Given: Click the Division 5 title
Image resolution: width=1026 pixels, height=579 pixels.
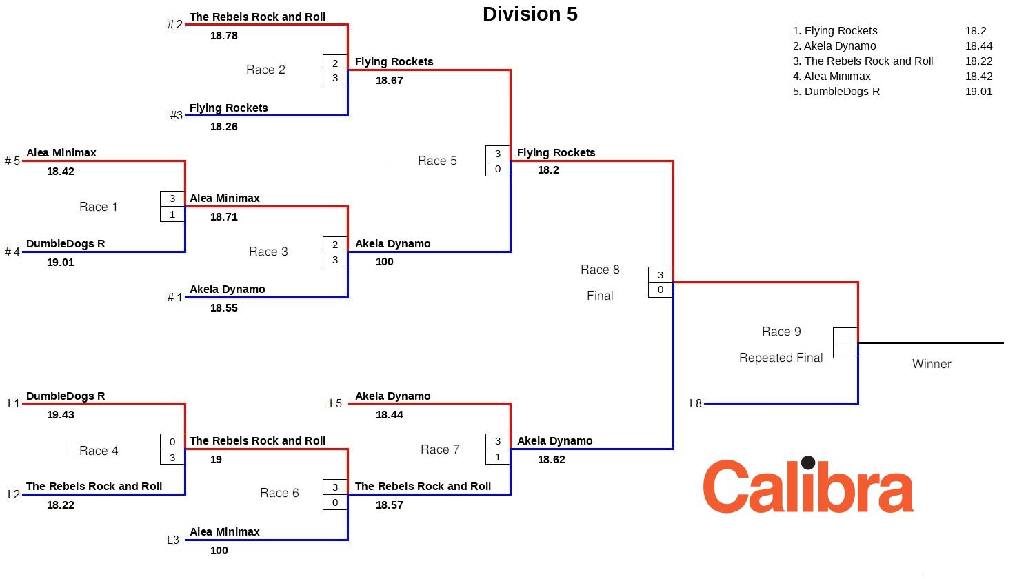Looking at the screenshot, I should [x=530, y=14].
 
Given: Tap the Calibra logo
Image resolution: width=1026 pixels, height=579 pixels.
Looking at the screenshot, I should [x=808, y=486].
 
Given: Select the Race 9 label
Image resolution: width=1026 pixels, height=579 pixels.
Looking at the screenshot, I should [x=781, y=332].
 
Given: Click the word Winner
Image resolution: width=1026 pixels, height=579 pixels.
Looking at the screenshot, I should [x=931, y=364].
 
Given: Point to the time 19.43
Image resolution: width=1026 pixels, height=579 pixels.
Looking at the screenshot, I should [x=61, y=415].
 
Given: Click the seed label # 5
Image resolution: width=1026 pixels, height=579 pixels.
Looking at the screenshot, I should [x=12, y=161].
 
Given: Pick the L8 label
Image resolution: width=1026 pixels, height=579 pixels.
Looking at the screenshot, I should [x=695, y=404].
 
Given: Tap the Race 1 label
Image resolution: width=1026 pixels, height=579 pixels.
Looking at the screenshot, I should [x=98, y=207].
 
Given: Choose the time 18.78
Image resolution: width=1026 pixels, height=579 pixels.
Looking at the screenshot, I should [x=223, y=36].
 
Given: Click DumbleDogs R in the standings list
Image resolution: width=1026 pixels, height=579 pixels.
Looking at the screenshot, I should [x=841, y=92].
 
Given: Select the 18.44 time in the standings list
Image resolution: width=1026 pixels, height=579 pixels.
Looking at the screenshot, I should [x=978, y=46].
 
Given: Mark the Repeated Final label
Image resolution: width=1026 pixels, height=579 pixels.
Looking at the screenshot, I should [x=781, y=358].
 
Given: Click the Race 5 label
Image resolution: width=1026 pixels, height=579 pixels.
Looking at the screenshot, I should [x=437, y=161].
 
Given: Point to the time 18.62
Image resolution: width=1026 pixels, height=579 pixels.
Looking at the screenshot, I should [x=551, y=460].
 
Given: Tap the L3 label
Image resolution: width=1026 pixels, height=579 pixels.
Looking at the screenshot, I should [x=173, y=540].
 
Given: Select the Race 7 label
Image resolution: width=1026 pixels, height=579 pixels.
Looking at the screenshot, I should [x=440, y=449].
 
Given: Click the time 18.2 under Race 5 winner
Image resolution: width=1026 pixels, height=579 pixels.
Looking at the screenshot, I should [x=548, y=170].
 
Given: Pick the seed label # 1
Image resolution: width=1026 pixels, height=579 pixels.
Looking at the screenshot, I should [x=174, y=298].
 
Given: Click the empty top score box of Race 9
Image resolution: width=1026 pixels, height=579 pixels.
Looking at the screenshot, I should [x=845, y=336].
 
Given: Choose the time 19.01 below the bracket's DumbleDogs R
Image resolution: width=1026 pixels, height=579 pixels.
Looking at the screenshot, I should [x=61, y=263].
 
